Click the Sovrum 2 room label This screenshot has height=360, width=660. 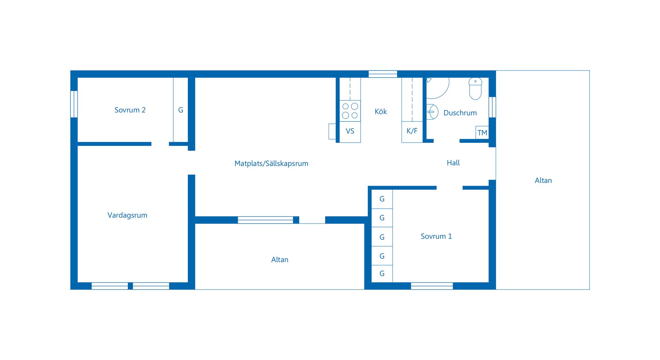pos(130,110)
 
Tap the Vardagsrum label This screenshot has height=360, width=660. pos(127,215)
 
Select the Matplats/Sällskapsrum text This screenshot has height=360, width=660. pos(271,163)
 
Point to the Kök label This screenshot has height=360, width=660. pos(381,111)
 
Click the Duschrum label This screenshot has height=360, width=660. pos(460,113)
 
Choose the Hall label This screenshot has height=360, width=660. pos(453,163)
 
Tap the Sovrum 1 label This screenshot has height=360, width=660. pos(436,236)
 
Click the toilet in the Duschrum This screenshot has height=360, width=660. pos(475,88)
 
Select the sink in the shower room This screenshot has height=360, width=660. pos(432,112)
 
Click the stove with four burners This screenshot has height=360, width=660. pos(350,111)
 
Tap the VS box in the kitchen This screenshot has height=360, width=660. pos(350,131)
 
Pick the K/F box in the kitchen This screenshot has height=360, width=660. pos(412,131)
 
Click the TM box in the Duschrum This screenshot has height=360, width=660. pos(482,133)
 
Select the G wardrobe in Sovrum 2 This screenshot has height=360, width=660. pos(180,110)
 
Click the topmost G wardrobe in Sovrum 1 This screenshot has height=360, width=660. pos(382,199)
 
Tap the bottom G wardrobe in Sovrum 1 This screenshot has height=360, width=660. pos(382,274)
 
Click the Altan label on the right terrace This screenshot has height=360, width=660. pos(543,180)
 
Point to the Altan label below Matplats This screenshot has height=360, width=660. pos(279,260)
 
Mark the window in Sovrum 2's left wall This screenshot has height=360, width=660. pos(74,104)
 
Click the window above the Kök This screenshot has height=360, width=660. pos(383,74)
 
